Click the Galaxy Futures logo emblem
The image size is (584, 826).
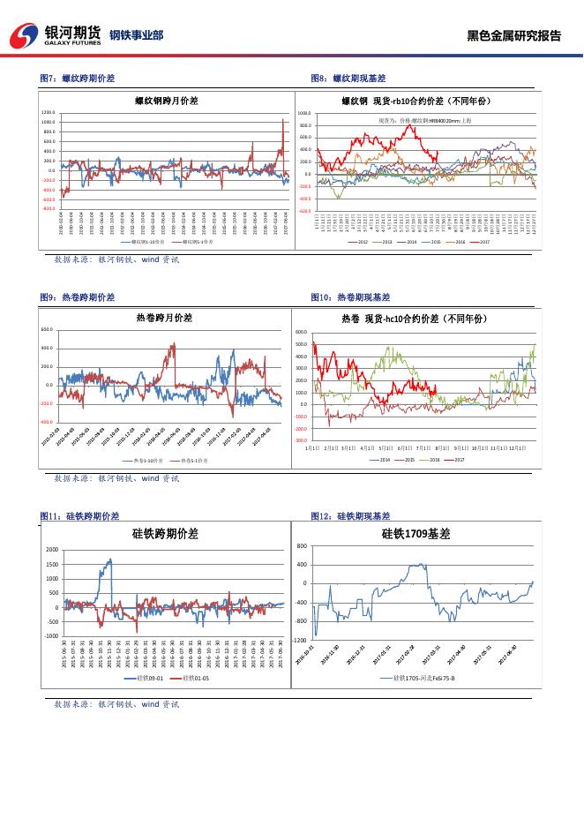click(x=25, y=36)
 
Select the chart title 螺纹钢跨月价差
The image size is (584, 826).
click(x=166, y=101)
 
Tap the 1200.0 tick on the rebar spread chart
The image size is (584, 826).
click(x=49, y=113)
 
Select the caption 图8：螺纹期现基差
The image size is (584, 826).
click(x=348, y=79)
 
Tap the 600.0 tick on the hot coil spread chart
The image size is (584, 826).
click(x=48, y=330)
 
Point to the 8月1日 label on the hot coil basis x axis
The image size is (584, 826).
click(x=441, y=448)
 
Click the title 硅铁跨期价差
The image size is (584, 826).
click(x=165, y=534)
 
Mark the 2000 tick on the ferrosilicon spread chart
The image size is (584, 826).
click(x=51, y=550)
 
